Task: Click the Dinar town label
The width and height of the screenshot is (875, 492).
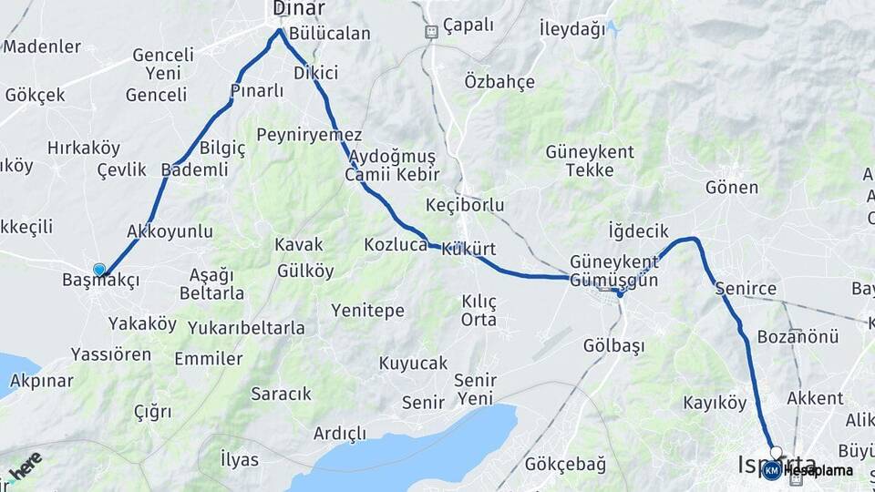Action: click(x=299, y=9)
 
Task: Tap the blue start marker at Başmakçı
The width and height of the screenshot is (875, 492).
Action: click(x=99, y=270)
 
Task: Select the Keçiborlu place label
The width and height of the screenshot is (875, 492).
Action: click(x=465, y=205)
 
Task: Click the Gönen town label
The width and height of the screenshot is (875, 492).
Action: click(x=731, y=188)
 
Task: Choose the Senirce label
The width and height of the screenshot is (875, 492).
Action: click(x=746, y=289)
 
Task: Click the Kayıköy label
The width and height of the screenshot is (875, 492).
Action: click(x=715, y=402)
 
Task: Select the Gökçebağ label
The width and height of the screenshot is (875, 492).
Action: click(x=565, y=465)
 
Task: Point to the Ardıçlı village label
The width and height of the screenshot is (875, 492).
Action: click(x=339, y=433)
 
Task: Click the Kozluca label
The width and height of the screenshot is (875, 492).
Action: click(x=396, y=245)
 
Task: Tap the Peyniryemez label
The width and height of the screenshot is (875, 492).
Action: click(x=309, y=135)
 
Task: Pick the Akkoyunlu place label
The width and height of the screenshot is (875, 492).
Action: click(x=170, y=231)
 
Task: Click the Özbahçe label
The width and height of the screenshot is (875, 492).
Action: click(x=499, y=82)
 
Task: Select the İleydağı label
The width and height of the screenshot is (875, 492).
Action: click(x=572, y=29)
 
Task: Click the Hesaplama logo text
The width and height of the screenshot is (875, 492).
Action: click(x=818, y=471)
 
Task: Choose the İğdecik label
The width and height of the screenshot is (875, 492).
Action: click(x=638, y=231)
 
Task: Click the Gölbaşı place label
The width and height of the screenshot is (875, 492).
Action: click(x=613, y=346)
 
